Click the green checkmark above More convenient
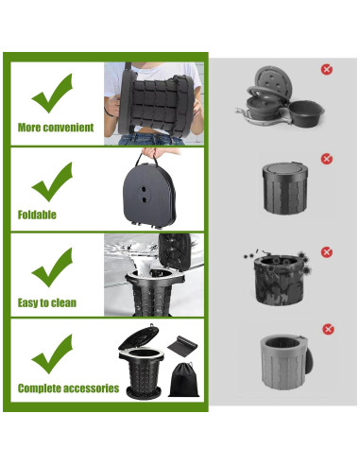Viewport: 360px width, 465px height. coord(53,92)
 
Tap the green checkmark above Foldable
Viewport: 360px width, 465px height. coord(53,179)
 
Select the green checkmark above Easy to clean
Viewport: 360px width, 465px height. coord(53,268)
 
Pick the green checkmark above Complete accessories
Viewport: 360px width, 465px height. coord(53,353)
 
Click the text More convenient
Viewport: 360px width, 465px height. coord(55,128)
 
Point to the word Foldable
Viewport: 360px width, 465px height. coord(37,215)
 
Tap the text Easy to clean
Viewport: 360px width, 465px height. coord(46,302)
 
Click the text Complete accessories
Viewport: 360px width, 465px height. coord(68,388)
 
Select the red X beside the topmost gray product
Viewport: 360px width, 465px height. coord(326,69)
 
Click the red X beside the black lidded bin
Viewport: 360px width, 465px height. coord(326,159)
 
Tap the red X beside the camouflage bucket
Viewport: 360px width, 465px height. coord(326,251)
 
